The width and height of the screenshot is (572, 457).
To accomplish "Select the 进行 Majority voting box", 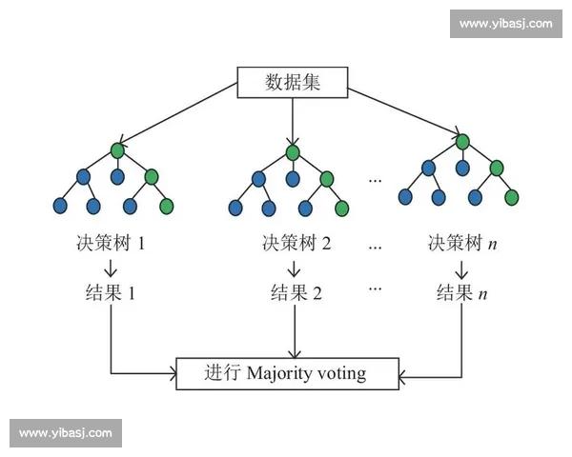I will point(285,372).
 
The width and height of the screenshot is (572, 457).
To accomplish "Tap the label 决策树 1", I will point(112,243).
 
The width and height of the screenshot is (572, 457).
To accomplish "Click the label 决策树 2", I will point(296,243).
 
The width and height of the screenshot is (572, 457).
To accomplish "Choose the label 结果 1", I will point(112,292).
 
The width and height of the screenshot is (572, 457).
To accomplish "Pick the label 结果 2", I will point(296,292).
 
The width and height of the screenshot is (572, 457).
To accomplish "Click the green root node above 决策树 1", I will point(117,150).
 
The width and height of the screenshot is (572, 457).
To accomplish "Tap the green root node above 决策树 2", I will point(293,151).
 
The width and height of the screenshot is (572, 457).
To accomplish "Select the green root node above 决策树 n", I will point(462,143).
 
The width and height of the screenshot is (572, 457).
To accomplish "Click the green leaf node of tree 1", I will point(167,205).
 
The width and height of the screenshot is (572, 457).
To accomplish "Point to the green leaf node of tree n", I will point(512,197).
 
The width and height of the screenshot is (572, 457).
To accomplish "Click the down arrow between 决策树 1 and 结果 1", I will point(112,268).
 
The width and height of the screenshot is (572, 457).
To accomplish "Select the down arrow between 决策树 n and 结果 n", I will point(461,268).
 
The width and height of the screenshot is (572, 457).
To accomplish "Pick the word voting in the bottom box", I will point(341,372).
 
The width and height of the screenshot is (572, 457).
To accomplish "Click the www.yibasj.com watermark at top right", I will point(504,23).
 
